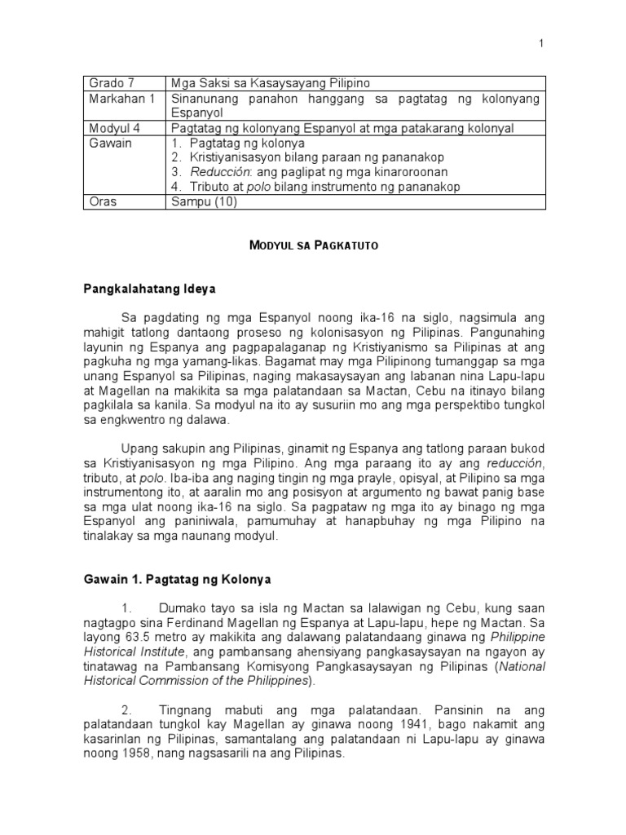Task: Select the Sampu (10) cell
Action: [204, 202]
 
